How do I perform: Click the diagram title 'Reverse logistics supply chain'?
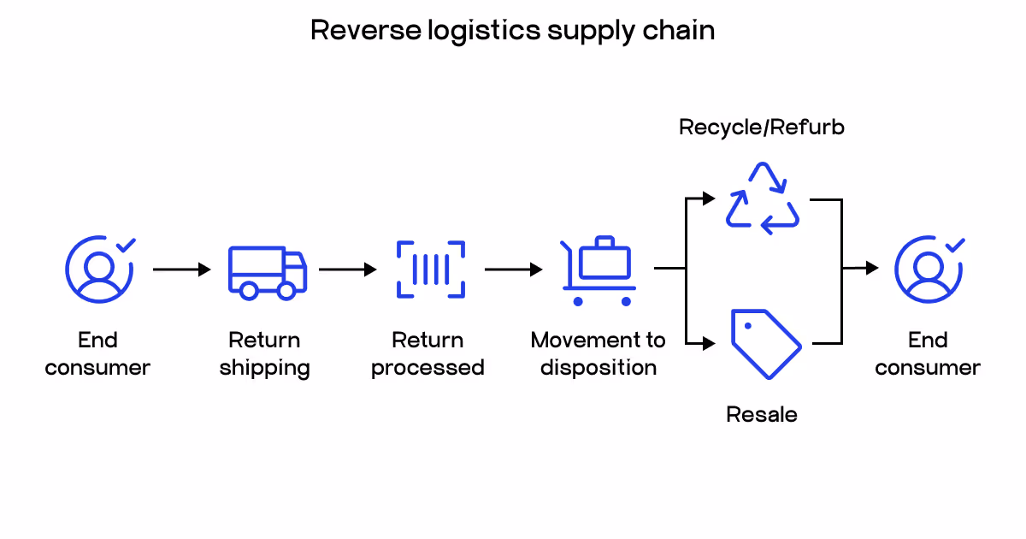pos(512,30)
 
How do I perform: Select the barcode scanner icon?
pos(431,269)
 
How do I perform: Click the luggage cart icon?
pos(598,270)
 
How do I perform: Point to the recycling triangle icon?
pos(763,198)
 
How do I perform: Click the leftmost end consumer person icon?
pos(99,269)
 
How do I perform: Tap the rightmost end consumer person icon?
pos(929,269)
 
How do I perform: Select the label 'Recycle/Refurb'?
pos(762,127)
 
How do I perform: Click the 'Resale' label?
pos(762,415)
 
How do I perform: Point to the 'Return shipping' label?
pos(264,354)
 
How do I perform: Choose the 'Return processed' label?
pos(427,354)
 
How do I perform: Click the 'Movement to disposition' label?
pos(598,354)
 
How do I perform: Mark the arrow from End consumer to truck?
pos(181,269)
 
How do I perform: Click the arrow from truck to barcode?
pos(347,269)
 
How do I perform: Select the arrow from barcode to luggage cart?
pos(513,269)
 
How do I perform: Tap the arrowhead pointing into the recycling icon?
pos(708,198)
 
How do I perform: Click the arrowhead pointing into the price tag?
pos(708,344)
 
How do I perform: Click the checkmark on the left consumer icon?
pos(126,246)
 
